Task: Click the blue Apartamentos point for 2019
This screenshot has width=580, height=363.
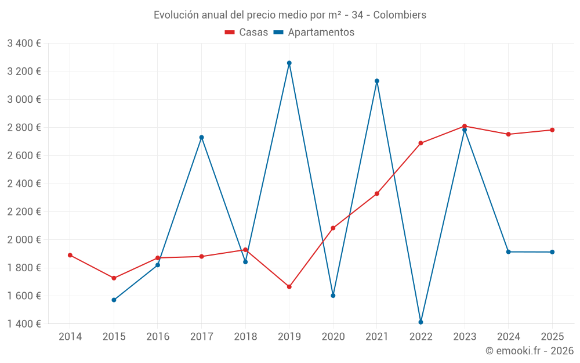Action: point(289,63)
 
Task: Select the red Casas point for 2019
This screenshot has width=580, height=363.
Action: point(289,286)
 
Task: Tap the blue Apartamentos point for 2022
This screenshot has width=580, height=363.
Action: point(420,322)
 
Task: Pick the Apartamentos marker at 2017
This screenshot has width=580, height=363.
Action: point(201,137)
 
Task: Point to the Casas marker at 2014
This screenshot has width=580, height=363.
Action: point(70,255)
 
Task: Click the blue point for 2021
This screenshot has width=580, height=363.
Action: point(377,81)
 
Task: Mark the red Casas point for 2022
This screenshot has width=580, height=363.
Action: point(420,143)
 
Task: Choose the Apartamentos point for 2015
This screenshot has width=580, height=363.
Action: point(114,300)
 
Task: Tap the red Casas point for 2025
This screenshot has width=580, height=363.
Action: point(552,130)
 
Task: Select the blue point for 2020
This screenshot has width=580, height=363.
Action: point(333,295)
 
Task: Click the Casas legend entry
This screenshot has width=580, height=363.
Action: point(246,33)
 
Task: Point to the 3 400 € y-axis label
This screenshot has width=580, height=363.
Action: point(24,43)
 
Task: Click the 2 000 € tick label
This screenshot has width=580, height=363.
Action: point(24,239)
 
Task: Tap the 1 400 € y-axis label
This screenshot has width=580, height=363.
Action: point(24,324)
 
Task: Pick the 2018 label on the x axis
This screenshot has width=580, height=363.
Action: point(245,336)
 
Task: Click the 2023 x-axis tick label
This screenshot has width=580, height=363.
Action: point(465,336)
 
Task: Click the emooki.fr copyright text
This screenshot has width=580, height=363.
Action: point(529,350)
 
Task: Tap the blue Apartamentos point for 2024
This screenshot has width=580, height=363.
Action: point(508,251)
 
